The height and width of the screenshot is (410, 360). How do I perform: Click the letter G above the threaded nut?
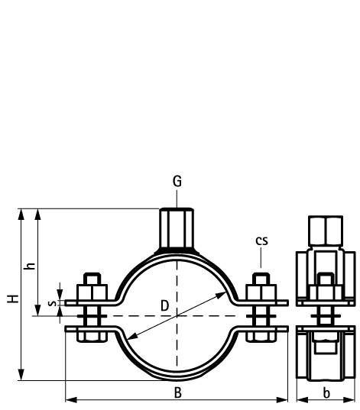(x=177, y=182)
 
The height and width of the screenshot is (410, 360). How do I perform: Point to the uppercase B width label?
(x=177, y=392)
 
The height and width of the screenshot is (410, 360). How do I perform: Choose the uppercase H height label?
(x=13, y=299)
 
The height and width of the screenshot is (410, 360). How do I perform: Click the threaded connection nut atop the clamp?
(x=177, y=227)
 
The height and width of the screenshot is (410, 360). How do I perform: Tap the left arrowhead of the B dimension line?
(x=70, y=399)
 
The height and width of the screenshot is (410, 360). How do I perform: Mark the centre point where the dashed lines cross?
(x=177, y=315)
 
